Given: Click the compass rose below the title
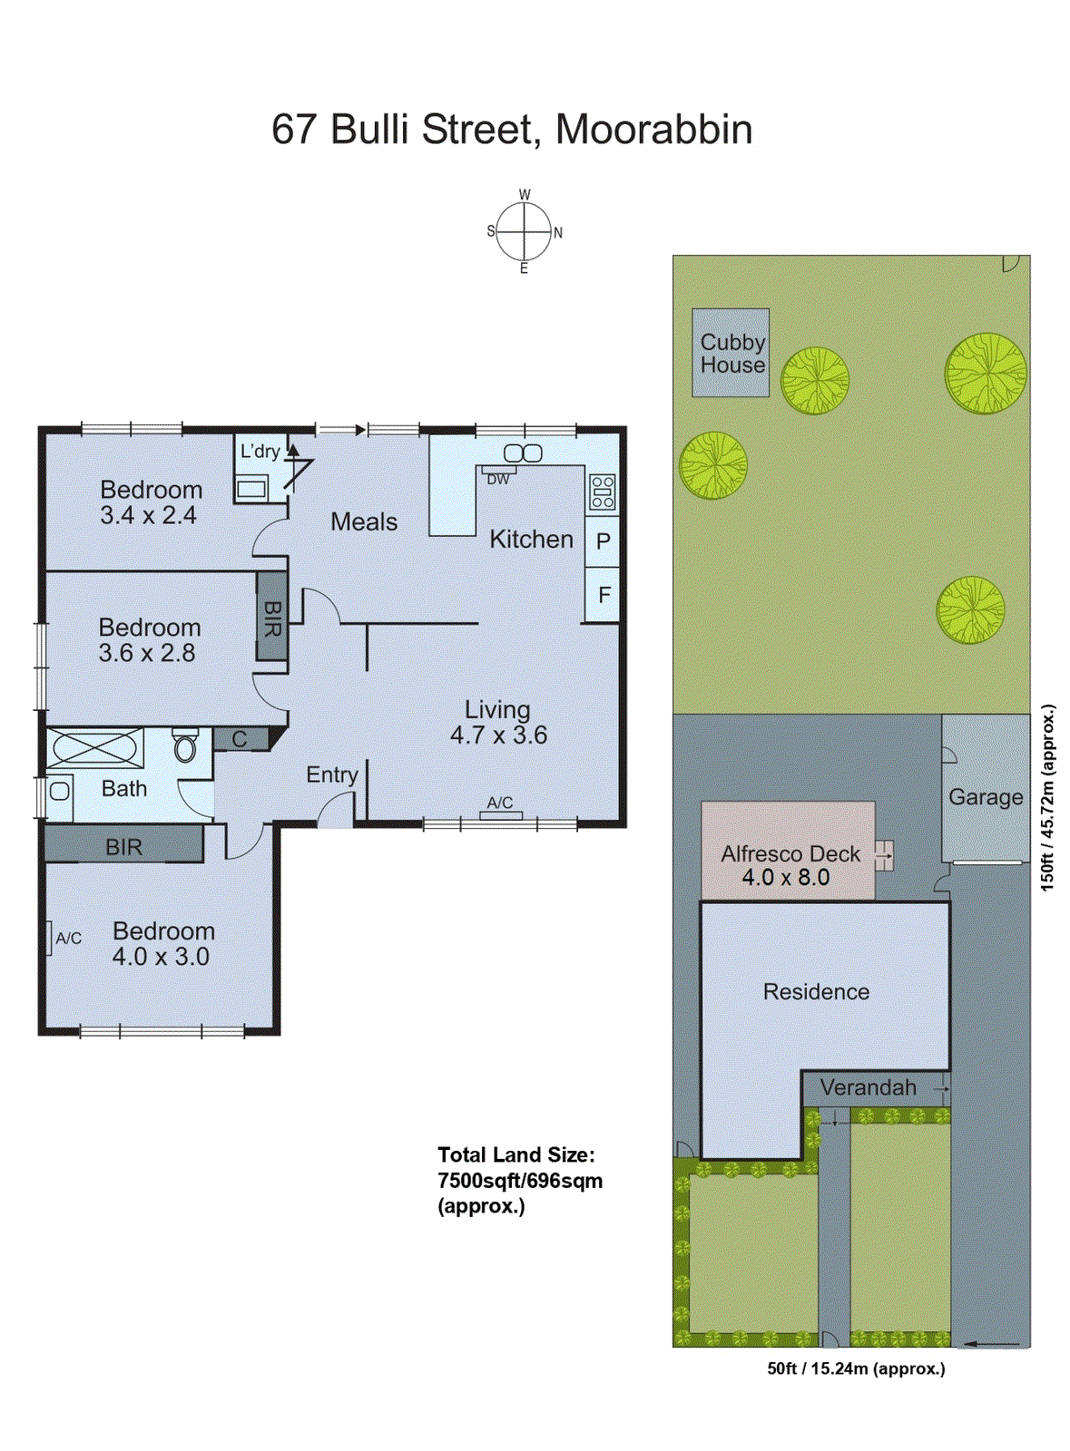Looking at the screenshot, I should click(524, 232).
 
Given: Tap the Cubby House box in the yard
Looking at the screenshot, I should click(731, 353).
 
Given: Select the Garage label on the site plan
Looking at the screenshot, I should click(985, 797).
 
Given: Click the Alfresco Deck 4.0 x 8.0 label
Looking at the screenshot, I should click(789, 865).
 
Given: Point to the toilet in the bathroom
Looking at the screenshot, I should click(185, 745).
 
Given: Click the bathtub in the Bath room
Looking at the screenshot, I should click(95, 748).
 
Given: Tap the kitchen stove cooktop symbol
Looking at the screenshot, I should click(602, 492).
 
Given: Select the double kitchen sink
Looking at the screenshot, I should click(523, 453).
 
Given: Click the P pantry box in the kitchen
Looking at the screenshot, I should click(603, 541).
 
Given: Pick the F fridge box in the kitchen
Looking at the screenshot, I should click(604, 595).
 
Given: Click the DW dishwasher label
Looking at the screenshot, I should click(498, 479).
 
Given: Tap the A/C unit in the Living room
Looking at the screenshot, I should click(500, 814).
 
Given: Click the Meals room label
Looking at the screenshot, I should click(364, 521).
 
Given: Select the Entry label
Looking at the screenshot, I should click(331, 774).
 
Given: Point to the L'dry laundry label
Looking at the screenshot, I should click(260, 451).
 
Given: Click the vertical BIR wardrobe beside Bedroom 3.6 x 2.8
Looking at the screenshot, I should click(271, 617).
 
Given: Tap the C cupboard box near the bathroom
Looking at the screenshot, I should click(240, 739).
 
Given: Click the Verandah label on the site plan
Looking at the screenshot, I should click(868, 1087).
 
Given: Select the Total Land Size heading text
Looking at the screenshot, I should click(515, 1154).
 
